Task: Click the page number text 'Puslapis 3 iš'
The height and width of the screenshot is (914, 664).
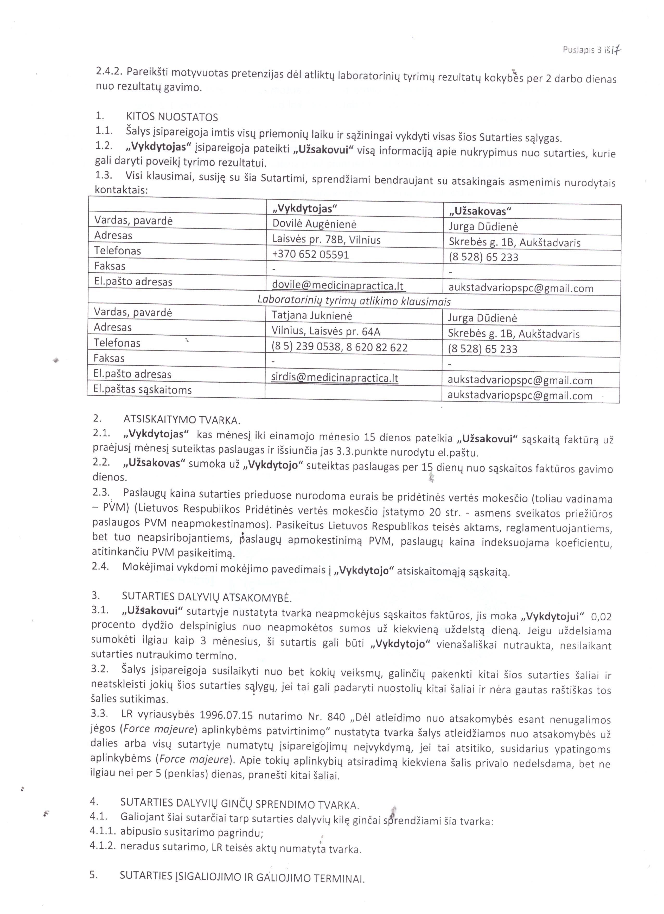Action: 585,50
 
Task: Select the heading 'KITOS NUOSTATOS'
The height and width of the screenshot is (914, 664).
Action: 172,117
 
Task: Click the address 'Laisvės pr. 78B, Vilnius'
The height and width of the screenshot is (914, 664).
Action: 326,240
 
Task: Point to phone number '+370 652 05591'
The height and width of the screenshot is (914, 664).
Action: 310,255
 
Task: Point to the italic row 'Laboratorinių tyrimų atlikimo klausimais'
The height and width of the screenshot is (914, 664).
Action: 354,301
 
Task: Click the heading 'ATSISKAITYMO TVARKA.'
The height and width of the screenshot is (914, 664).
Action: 182,420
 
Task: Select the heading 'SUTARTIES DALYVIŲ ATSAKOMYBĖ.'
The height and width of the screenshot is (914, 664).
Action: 207,596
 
